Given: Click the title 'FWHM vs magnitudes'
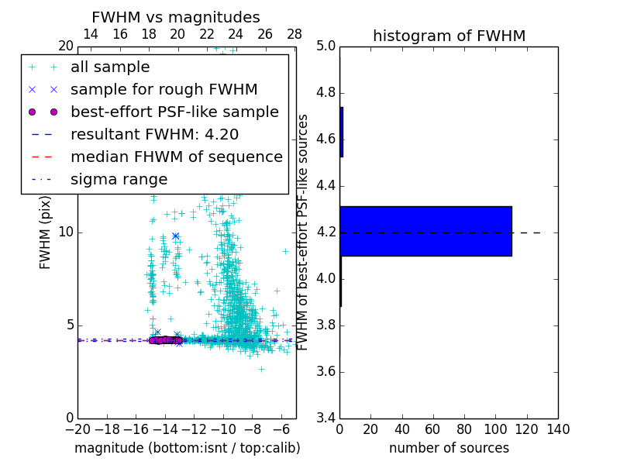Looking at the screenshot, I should (x=176, y=18).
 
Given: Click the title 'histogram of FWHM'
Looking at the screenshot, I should (x=449, y=36).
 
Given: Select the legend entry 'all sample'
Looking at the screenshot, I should (x=110, y=67).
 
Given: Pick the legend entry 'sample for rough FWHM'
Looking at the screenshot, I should (x=164, y=89).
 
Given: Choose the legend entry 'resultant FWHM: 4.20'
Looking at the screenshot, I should (x=154, y=134).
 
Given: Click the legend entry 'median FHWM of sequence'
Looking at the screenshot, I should (x=176, y=157).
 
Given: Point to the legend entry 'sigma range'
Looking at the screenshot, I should (x=119, y=179).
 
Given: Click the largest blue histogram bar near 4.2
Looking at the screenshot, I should (x=425, y=231).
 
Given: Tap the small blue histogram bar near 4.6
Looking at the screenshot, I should (x=342, y=133).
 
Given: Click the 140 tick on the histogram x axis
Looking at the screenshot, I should (x=557, y=429).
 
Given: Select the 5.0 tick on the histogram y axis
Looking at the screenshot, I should (x=325, y=46).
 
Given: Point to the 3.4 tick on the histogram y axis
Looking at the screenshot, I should (x=325, y=418).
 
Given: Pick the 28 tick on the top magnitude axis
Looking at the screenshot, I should (x=294, y=35).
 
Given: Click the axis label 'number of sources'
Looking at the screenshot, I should (x=449, y=448).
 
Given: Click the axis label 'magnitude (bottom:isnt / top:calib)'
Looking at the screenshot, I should (x=187, y=448).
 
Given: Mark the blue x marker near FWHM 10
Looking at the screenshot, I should (x=176, y=236).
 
